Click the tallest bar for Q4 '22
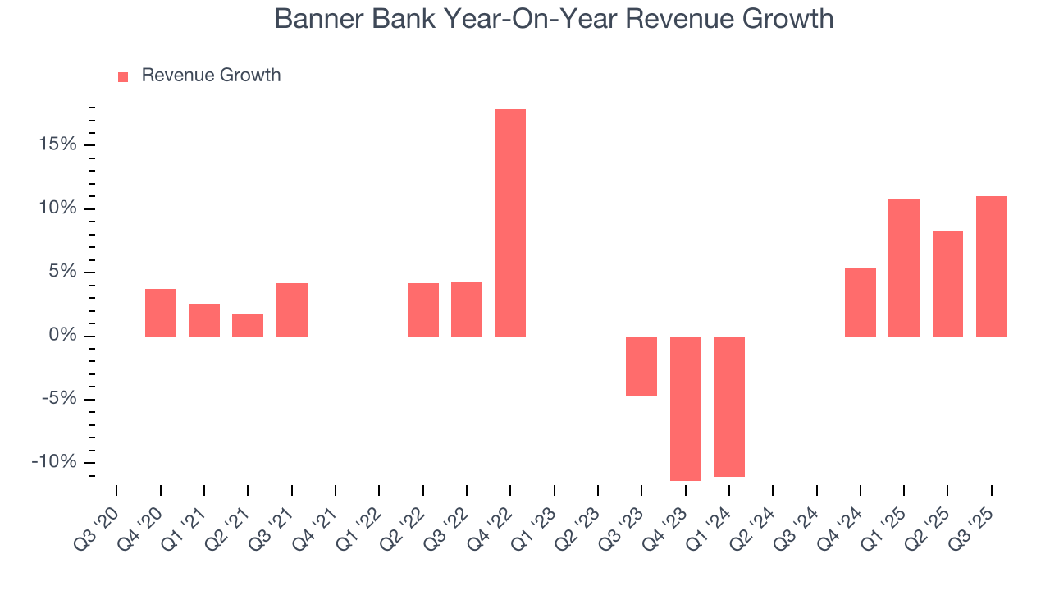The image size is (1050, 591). pyautogui.click(x=510, y=222)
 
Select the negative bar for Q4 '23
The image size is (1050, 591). pyautogui.click(x=686, y=408)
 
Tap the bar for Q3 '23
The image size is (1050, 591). pyautogui.click(x=641, y=365)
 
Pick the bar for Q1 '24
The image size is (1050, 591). pyautogui.click(x=729, y=406)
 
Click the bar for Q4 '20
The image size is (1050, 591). pyautogui.click(x=161, y=313)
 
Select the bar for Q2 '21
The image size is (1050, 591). pyautogui.click(x=248, y=325)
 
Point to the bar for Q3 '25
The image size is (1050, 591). pyautogui.click(x=992, y=266)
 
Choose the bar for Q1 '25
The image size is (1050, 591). pyautogui.click(x=904, y=268)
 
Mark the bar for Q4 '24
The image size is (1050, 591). pyautogui.click(x=861, y=302)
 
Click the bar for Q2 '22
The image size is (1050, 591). pyautogui.click(x=423, y=309)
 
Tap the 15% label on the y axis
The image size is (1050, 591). pyautogui.click(x=55, y=145)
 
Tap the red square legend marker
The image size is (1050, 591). pyautogui.click(x=123, y=76)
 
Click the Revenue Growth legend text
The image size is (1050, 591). pyautogui.click(x=211, y=76)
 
